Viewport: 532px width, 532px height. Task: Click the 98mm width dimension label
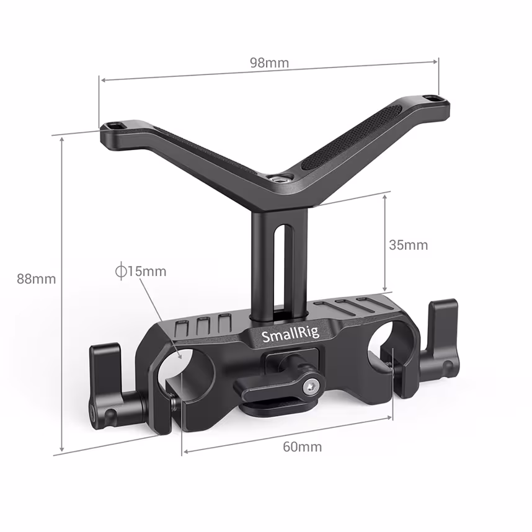click(x=269, y=63)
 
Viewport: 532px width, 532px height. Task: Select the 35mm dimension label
click(x=408, y=245)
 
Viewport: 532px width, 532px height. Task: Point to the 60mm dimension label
click(x=302, y=446)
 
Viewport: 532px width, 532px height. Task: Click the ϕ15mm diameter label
click(x=141, y=271)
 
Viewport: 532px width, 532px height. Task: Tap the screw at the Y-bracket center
click(x=274, y=179)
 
